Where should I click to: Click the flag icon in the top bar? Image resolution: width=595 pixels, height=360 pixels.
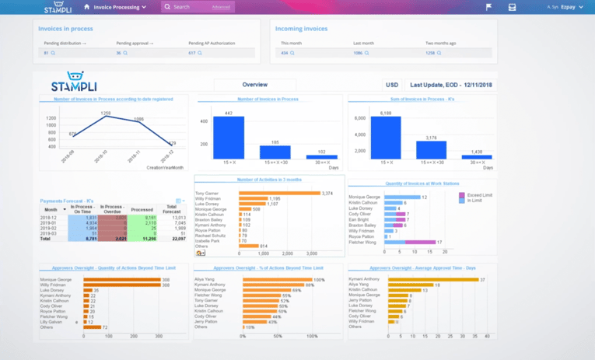(488, 7)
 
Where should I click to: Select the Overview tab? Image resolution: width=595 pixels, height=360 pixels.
(254, 85)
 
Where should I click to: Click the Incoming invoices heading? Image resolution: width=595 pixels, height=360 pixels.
(301, 29)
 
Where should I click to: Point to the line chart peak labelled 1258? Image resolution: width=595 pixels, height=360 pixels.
(105, 117)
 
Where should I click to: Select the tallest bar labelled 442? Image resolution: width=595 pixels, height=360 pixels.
(228, 138)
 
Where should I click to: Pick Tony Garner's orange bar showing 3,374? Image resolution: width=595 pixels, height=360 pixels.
(279, 193)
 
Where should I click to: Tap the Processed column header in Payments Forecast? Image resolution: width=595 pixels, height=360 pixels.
(142, 210)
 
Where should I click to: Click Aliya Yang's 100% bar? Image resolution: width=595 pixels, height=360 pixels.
(275, 279)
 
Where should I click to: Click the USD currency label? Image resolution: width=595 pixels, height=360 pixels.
(392, 85)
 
